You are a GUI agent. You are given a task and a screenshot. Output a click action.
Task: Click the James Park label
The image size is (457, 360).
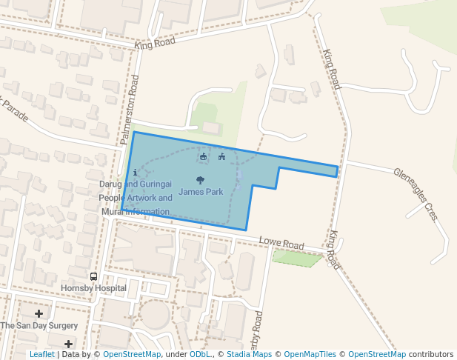tap(201, 192)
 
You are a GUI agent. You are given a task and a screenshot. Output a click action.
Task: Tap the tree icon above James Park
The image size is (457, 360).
tap(200, 180)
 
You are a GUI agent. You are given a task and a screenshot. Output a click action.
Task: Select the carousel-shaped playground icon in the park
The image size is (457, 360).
tap(204, 157)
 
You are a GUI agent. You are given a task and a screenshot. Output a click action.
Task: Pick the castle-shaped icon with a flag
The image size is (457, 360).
tap(221, 157)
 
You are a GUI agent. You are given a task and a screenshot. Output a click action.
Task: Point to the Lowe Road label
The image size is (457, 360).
tap(281, 244)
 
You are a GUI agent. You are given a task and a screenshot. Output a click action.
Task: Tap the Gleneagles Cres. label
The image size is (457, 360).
tap(417, 195)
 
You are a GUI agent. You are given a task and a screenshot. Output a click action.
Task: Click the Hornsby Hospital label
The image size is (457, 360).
tap(93, 287)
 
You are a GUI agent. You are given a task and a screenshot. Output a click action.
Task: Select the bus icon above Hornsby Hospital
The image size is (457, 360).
tap(93, 276)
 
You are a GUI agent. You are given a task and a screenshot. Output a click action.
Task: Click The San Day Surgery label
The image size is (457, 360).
tap(39, 325)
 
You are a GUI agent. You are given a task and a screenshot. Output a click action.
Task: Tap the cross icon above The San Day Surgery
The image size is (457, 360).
tap(39, 314)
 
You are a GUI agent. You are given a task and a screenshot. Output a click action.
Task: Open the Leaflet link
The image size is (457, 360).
tap(41, 354)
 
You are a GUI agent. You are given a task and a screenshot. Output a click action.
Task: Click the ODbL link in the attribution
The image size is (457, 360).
tap(200, 354)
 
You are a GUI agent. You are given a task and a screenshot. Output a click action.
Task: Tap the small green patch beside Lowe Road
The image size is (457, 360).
tap(298, 258)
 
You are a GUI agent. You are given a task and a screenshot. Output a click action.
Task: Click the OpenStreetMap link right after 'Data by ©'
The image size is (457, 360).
tap(132, 354)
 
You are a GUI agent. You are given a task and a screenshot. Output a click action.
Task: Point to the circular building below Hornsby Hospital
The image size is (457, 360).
tap(156, 315)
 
